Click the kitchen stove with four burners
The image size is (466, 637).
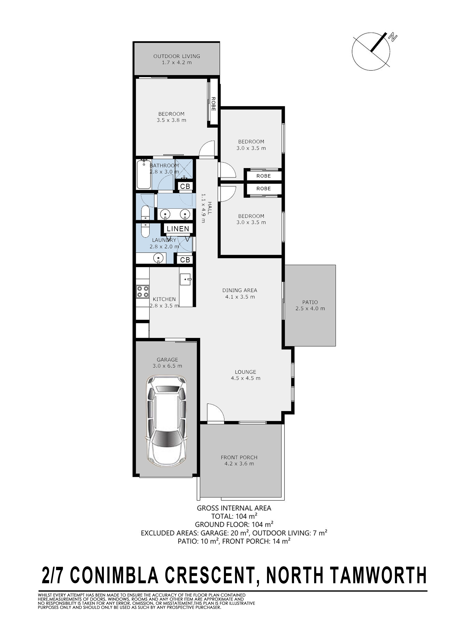pos(143,291)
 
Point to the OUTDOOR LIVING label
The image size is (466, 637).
pos(177,56)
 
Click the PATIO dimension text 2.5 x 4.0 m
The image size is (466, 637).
pos(310,308)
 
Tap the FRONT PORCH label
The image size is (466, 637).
pos(239,457)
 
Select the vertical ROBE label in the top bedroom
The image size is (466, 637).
pos(213,104)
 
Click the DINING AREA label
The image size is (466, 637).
pos(240,290)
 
